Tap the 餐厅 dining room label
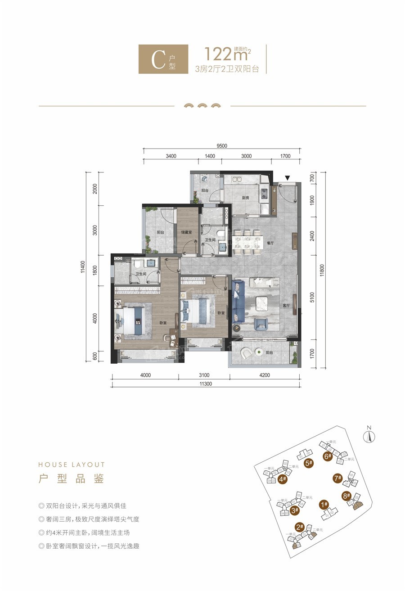270,243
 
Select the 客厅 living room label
286,305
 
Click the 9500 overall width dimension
222,146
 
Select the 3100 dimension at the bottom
203,375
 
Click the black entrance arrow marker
287,178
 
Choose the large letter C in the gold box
158,60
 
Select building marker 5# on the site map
309,463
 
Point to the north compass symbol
369,435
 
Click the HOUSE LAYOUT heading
72,465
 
